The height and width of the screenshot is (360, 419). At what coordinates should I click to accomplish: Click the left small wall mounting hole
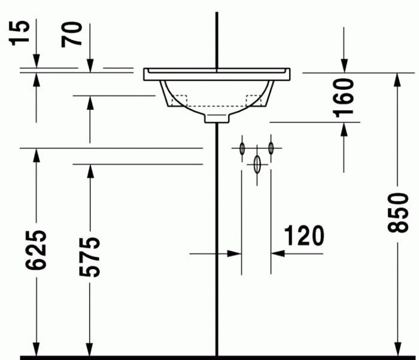click(x=242, y=147)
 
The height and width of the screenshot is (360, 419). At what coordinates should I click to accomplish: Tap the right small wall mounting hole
click(x=271, y=147)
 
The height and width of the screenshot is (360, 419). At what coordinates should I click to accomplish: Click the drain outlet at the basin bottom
click(x=217, y=118)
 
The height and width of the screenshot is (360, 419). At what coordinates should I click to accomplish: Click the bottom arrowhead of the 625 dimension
click(x=37, y=347)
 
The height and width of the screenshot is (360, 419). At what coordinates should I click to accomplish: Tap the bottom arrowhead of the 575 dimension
click(x=90, y=347)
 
